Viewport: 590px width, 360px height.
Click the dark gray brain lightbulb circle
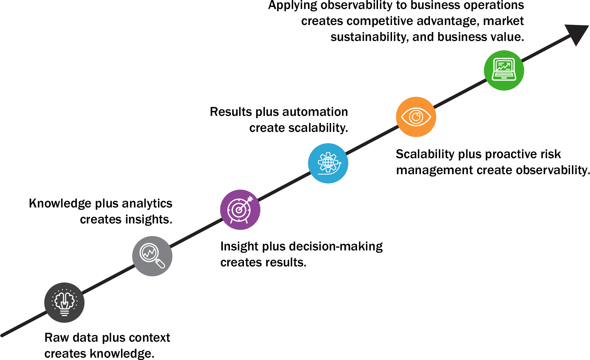point(64,302)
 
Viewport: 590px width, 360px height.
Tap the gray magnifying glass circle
point(152,256)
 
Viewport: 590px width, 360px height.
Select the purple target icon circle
point(240,210)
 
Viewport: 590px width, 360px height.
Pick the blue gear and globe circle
point(328,163)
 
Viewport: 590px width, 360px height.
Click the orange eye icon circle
point(416,117)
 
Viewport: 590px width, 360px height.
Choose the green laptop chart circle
point(504,70)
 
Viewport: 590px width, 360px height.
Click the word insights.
point(149,219)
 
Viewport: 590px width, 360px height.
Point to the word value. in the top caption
point(509,37)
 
